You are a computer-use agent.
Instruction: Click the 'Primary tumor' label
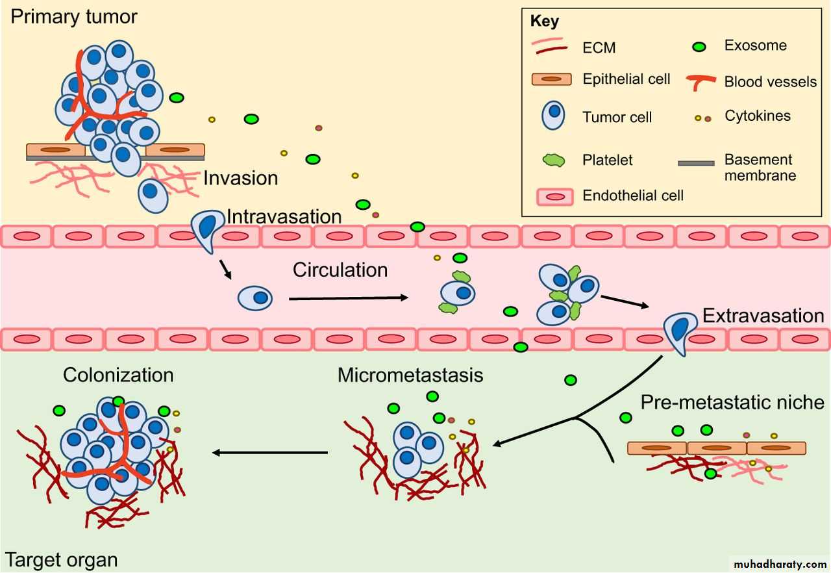pos(74,16)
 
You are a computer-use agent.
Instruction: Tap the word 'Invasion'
pos(240,177)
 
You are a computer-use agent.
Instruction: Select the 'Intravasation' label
pos(284,216)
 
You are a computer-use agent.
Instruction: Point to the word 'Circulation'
pos(340,269)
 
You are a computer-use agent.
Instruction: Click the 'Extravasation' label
pos(763,316)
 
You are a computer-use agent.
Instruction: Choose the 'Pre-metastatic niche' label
pos(732,402)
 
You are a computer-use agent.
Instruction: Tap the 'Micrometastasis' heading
pos(410,375)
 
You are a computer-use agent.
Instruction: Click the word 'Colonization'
pos(118,375)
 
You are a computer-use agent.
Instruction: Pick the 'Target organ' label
pos(62,559)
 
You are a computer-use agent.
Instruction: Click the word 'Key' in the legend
pos(544,21)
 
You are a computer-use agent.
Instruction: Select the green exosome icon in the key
pos(700,47)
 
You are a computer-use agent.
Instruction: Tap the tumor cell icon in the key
pos(553,116)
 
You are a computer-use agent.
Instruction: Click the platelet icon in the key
pos(553,160)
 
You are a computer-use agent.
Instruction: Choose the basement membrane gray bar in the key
pos(696,163)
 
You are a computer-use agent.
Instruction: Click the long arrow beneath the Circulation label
pos(348,298)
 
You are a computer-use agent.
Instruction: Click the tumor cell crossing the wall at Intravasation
pos(206,229)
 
